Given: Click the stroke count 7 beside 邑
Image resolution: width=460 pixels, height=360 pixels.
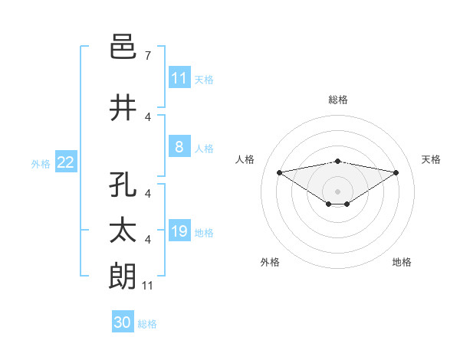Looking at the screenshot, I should (147, 56).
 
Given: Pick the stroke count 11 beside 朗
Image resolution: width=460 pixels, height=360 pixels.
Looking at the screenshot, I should (149, 286).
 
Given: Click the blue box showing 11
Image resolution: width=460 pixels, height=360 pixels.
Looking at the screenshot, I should (179, 78).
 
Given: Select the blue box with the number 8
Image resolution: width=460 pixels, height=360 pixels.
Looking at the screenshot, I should (179, 147).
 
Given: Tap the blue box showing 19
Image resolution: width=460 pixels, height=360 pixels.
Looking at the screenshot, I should (179, 231).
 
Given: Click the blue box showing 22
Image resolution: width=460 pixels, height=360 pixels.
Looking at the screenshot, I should (66, 162).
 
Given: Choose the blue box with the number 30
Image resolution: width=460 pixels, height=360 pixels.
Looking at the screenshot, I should (123, 322).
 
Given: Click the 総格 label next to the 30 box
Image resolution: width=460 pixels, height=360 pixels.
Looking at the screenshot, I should (148, 324).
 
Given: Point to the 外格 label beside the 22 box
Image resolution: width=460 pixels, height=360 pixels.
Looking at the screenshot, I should (41, 163).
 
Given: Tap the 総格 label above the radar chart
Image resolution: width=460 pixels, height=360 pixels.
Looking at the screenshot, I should (338, 100).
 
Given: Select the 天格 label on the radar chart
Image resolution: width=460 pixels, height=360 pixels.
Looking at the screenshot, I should (432, 159).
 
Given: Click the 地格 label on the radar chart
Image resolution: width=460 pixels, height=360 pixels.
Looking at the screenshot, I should (402, 262).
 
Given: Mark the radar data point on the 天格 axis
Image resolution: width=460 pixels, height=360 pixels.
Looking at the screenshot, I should (396, 172).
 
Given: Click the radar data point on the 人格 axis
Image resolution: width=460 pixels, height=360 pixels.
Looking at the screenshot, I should (279, 172).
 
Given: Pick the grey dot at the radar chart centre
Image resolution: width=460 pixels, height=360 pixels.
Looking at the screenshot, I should (338, 191).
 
